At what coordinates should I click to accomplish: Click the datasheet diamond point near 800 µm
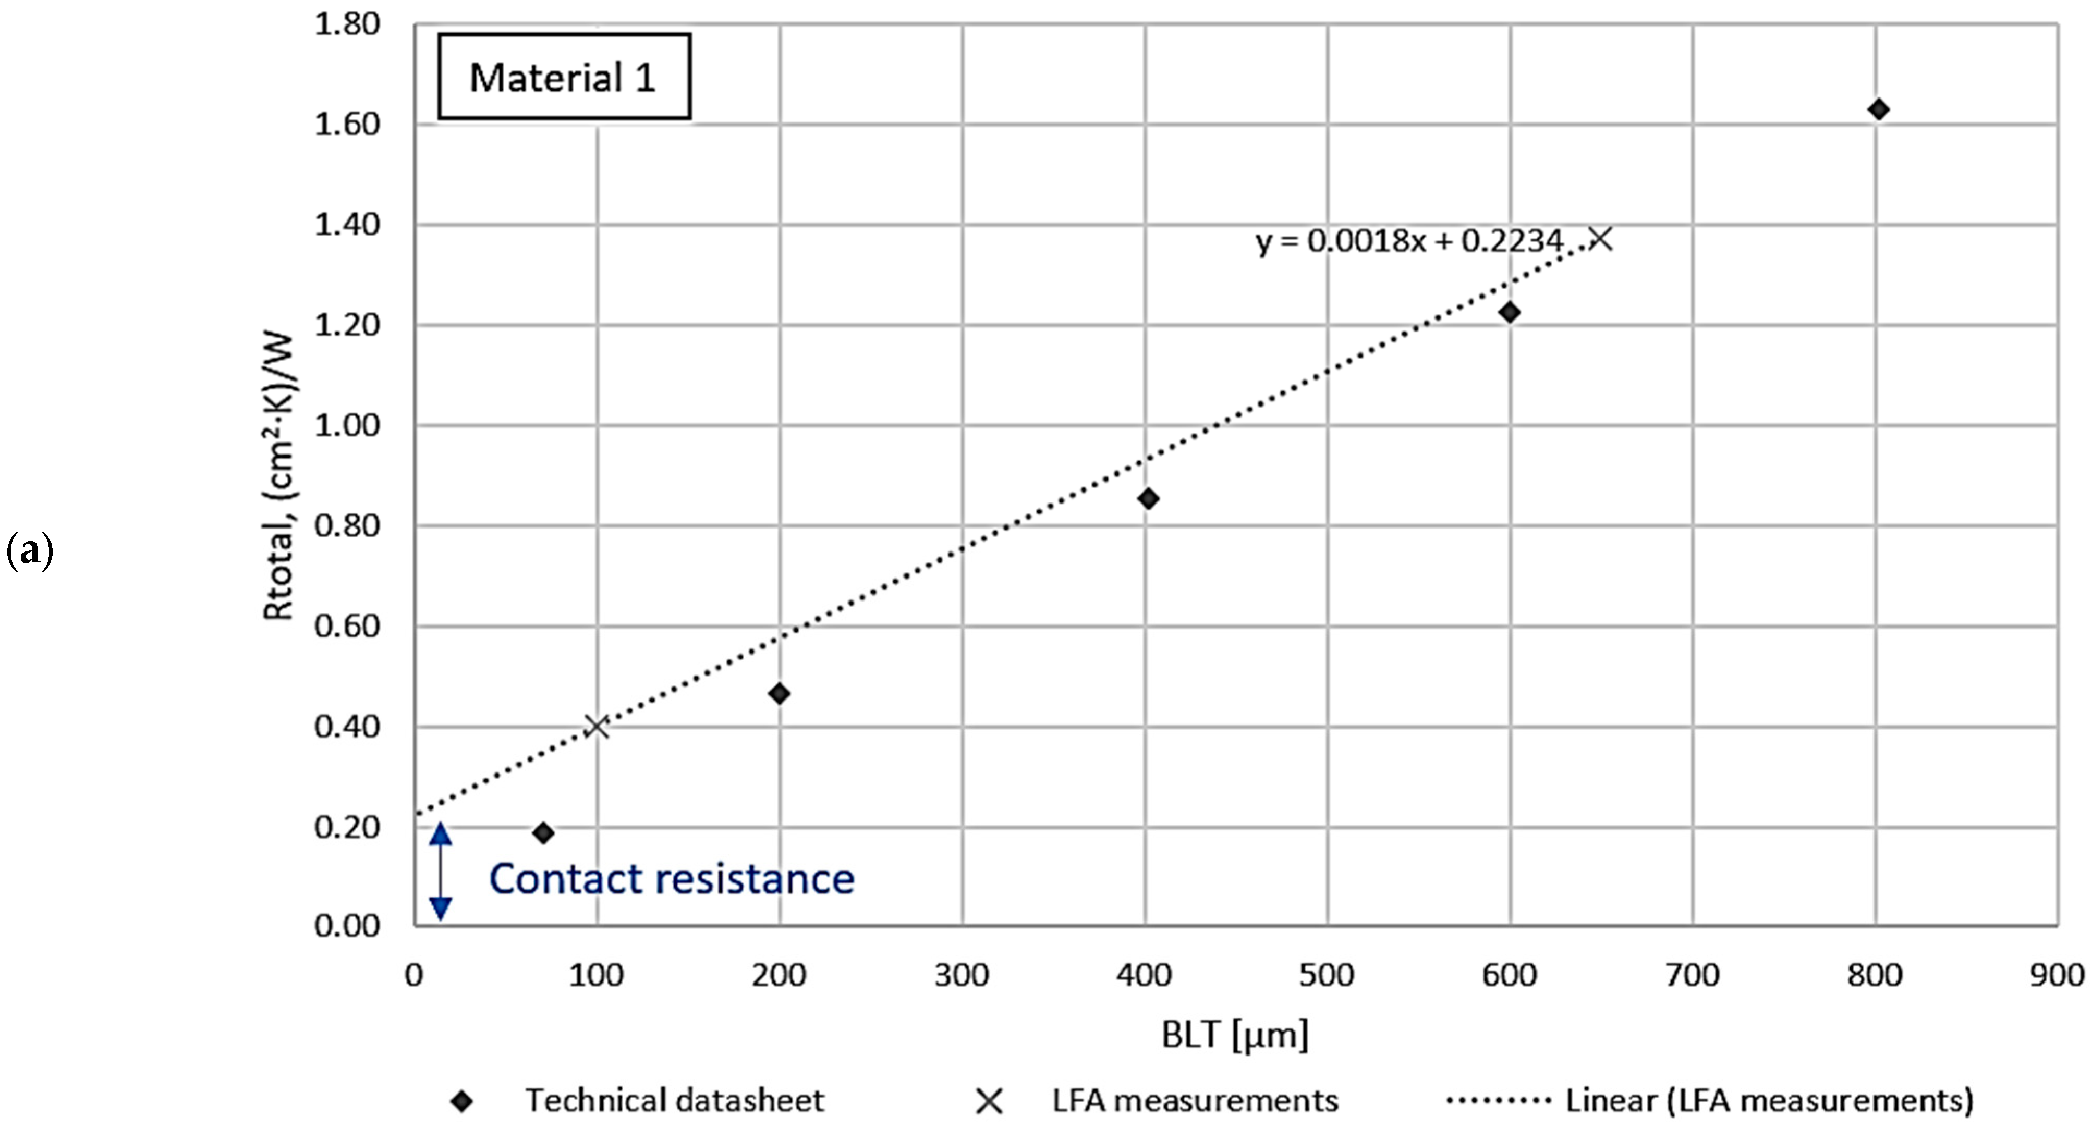pos(1878,109)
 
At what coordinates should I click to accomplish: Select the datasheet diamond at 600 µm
pos(1510,313)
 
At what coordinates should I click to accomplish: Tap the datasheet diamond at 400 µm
pos(1148,498)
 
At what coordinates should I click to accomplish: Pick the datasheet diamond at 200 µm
pos(780,693)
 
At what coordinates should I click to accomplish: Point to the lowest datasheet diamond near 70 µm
pos(544,833)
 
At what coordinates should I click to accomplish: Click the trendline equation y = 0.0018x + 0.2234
pos(1408,241)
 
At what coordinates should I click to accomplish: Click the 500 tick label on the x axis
pos(1327,975)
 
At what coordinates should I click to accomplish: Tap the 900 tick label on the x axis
pos(2056,975)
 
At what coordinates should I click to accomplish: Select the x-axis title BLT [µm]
pos(1234,1035)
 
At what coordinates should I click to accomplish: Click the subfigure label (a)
pos(30,551)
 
